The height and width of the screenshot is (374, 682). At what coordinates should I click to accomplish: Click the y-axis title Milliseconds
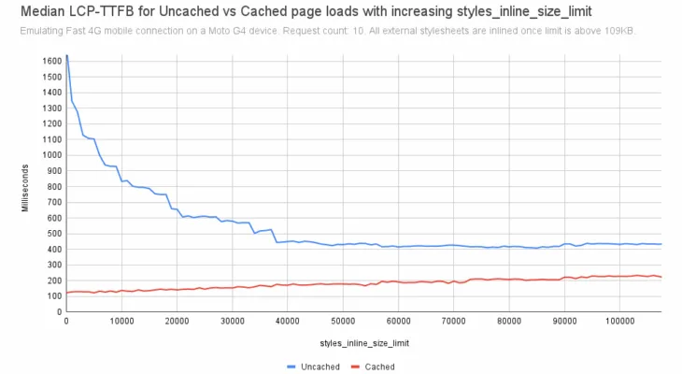pyautogui.click(x=26, y=184)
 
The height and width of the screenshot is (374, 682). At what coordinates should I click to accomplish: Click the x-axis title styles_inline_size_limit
pyautogui.click(x=362, y=343)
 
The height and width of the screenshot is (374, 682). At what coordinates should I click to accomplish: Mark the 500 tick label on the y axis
pyautogui.click(x=51, y=233)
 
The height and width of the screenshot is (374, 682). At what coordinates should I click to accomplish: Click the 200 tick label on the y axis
pyautogui.click(x=51, y=280)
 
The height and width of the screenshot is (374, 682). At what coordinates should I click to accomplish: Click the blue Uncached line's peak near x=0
pyautogui.click(x=66, y=56)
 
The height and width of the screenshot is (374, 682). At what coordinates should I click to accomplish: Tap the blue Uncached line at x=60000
pyautogui.click(x=398, y=247)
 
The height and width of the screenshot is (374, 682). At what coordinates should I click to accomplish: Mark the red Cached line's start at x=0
pyautogui.click(x=65, y=293)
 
